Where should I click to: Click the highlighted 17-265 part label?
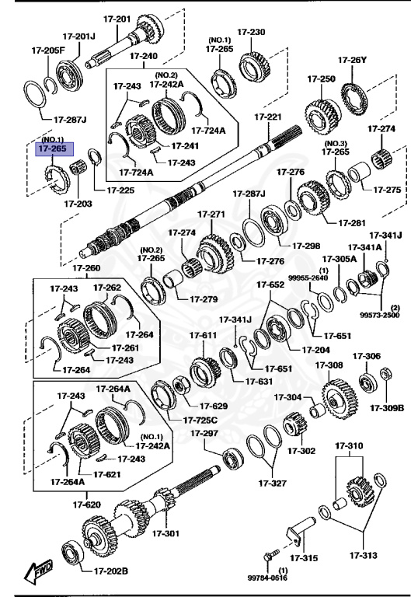pyautogui.click(x=53, y=148)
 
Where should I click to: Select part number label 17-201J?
pyautogui.click(x=79, y=37)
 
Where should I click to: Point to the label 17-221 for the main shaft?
pyautogui.click(x=268, y=117)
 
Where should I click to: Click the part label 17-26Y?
pyautogui.click(x=353, y=60)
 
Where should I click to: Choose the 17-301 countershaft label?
pyautogui.click(x=166, y=533)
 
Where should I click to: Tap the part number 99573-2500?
pyautogui.click(x=379, y=315)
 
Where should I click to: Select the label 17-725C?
pyautogui.click(x=200, y=420)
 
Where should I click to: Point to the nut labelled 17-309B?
pyautogui.click(x=386, y=374)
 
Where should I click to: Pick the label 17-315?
pyautogui.click(x=304, y=558)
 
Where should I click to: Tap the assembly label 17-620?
pyautogui.click(x=87, y=504)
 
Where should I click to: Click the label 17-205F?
pyautogui.click(x=48, y=51)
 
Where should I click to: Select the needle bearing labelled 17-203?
pyautogui.click(x=78, y=168)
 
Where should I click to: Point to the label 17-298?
pyautogui.click(x=306, y=246)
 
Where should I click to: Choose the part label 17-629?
pyautogui.click(x=214, y=407)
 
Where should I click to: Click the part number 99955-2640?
pyautogui.click(x=308, y=278)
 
